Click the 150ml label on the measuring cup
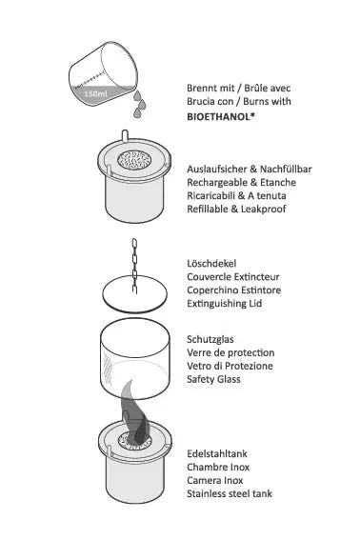coord(95,93)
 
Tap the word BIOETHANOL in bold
coord(218,117)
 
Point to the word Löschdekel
coord(211,264)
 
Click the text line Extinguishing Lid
coord(225,304)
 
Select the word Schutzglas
coord(210,339)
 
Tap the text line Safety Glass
coord(213,379)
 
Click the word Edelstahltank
coord(217,453)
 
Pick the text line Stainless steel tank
coord(230,493)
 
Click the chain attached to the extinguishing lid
coord(134,266)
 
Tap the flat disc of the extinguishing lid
coord(134,294)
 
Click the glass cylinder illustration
coord(134,358)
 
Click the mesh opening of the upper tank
coord(134,160)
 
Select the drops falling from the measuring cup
coord(139,103)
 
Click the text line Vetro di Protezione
coord(230,366)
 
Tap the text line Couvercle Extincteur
coord(233,277)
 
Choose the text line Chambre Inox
coord(218,467)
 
